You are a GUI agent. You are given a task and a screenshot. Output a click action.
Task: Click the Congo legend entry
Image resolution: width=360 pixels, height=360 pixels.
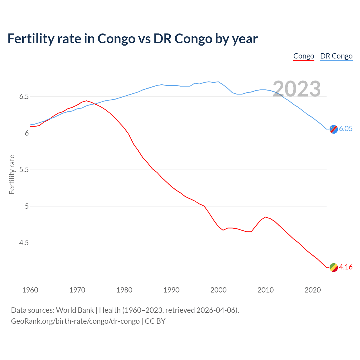[303, 56]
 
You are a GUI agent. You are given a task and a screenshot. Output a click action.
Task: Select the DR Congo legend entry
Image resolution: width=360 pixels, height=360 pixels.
[336, 56]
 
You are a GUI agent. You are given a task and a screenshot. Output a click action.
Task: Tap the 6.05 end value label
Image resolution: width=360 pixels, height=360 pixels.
[346, 129]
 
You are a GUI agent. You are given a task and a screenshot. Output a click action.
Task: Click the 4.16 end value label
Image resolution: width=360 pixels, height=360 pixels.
[346, 267]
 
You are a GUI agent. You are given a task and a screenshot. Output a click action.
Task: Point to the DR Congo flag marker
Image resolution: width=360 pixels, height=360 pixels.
[334, 129]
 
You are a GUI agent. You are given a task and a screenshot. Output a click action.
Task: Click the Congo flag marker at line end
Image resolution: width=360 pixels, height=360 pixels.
[334, 267]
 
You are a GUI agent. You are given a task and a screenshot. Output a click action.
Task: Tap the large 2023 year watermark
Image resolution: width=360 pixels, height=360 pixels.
[297, 89]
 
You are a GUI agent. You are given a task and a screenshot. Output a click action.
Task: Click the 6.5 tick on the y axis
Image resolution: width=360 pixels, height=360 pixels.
[24, 97]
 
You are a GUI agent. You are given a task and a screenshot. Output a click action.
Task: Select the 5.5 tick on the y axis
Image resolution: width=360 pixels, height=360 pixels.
[24, 170]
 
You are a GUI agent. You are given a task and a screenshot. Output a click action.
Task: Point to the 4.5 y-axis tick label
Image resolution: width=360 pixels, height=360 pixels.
[24, 243]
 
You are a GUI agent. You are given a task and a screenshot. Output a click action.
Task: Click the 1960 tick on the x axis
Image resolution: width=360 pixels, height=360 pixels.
[30, 290]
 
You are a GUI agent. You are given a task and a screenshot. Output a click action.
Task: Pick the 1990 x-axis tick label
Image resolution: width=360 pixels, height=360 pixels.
[171, 290]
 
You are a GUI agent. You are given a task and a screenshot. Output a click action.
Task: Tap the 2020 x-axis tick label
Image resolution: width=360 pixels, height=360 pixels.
[312, 290]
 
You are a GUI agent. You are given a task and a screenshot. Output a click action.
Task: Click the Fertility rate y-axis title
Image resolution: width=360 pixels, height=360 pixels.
[12, 174]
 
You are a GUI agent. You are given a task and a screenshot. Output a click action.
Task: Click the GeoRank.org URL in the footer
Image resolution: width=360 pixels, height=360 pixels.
[75, 321]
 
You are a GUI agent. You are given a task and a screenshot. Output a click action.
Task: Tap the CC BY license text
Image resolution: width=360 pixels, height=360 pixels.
[155, 321]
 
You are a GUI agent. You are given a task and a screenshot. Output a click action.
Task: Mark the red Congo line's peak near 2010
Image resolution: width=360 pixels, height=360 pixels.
[265, 217]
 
